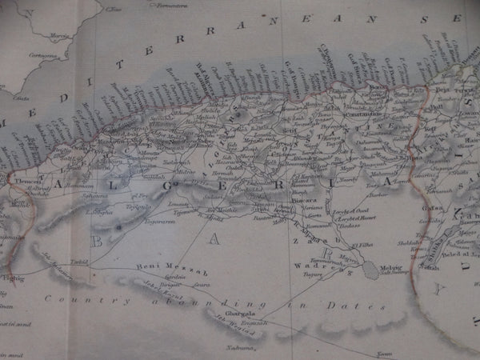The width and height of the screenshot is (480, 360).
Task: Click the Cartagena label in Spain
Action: [x=44, y=55]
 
